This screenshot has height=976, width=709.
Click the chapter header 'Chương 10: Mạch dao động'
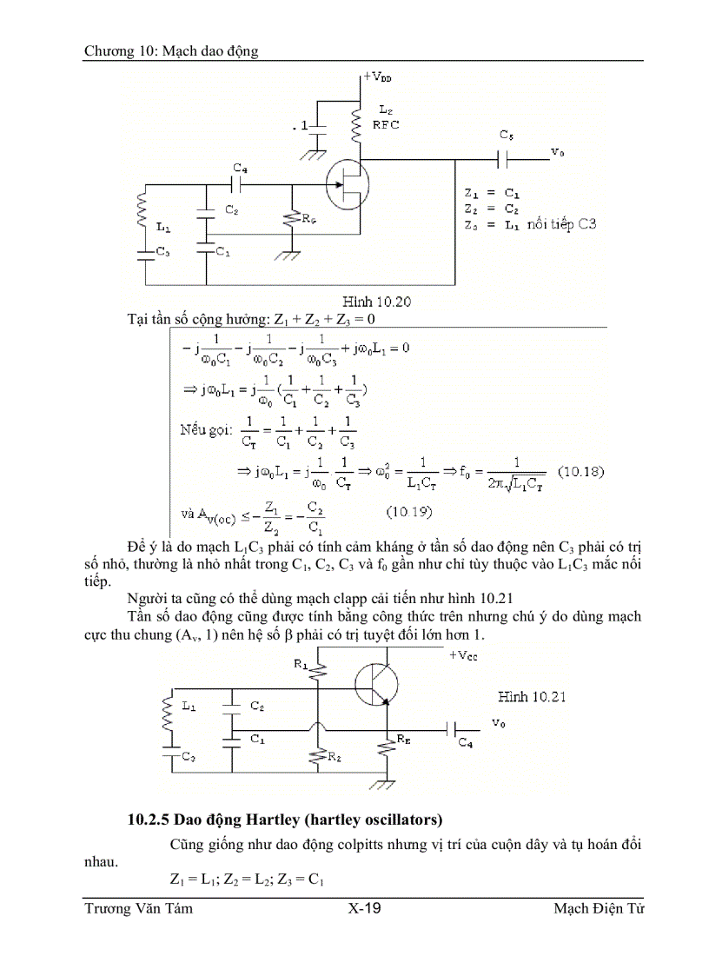click(x=171, y=51)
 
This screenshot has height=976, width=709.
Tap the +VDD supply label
click(x=377, y=77)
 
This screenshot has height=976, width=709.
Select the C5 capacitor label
click(x=507, y=136)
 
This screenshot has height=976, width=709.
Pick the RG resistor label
click(x=308, y=219)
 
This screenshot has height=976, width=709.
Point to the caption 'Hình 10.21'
click(x=532, y=696)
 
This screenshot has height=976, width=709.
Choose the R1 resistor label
click(x=301, y=664)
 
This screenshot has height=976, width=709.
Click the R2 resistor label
click(x=335, y=758)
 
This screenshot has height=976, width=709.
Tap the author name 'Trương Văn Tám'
click(x=138, y=909)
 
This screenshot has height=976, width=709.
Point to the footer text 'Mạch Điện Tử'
click(x=599, y=909)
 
